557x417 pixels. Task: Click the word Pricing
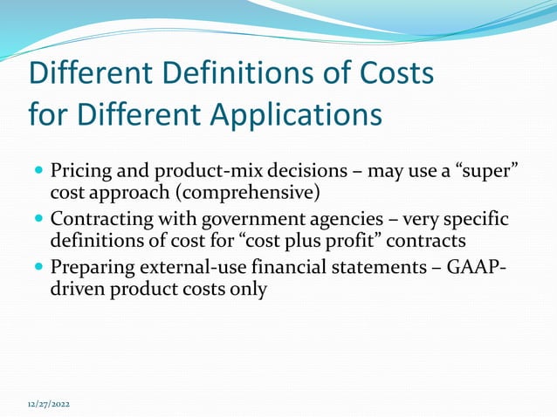[78, 169]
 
